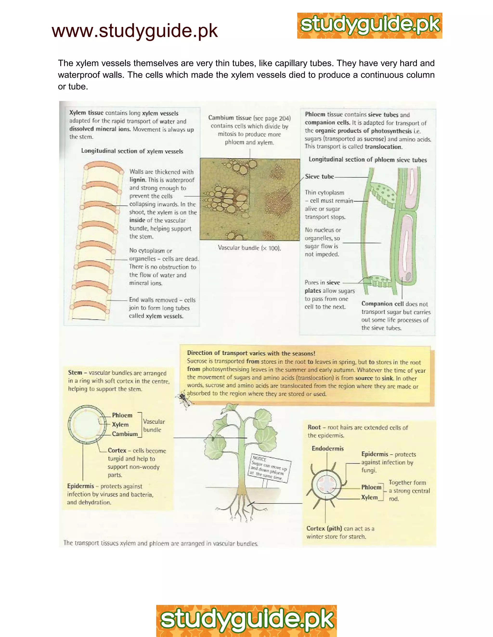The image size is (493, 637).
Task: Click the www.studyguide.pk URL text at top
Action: [x=135, y=31]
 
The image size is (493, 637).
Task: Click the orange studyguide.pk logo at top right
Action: [x=370, y=26]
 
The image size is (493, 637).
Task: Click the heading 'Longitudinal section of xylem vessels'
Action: [x=132, y=151]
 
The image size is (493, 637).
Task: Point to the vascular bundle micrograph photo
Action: [x=250, y=199]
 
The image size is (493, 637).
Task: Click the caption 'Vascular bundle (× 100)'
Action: [x=249, y=248]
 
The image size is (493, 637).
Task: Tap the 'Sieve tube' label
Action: [x=319, y=176]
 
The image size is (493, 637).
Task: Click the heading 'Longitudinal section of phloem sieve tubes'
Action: [x=367, y=160]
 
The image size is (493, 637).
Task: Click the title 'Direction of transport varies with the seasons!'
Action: [x=251, y=353]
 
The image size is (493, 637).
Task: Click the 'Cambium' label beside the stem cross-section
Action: [x=125, y=434]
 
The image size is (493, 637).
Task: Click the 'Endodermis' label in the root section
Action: [x=327, y=448]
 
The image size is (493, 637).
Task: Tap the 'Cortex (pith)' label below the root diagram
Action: [x=324, y=528]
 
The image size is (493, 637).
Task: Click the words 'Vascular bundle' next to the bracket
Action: [x=154, y=425]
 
